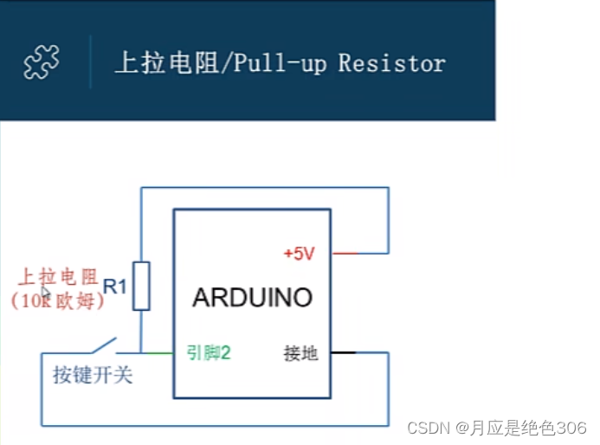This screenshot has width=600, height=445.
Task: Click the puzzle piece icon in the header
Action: coord(42,62)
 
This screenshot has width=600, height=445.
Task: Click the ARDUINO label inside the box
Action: coord(252,298)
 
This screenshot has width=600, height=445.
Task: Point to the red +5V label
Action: coord(299,254)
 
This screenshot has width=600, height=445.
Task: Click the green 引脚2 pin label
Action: coord(208,352)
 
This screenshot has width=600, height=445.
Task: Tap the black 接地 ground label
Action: coord(300,353)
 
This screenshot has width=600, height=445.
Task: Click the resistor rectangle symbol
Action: coord(141,286)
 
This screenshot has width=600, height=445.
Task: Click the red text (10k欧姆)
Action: coord(57,301)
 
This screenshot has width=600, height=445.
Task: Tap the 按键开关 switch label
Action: coord(93,376)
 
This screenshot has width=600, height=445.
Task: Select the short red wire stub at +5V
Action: coord(345,254)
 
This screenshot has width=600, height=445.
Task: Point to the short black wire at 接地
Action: coord(343,353)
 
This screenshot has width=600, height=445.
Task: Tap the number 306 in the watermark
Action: coord(571,428)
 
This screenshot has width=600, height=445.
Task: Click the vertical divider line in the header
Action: coord(90,61)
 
